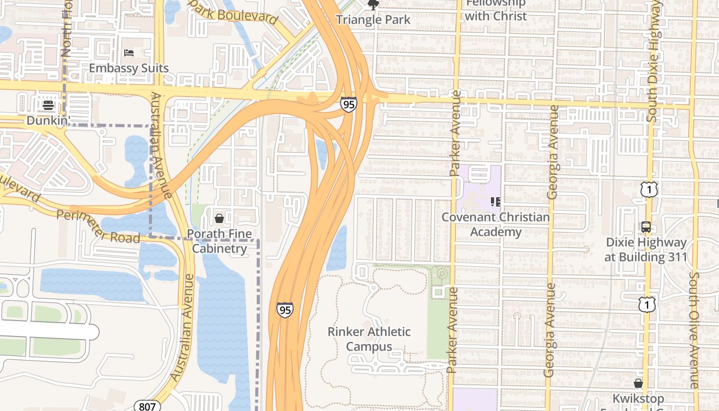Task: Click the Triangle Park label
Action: [x=373, y=20]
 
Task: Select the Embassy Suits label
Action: [x=129, y=68]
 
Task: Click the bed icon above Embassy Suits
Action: [x=129, y=53]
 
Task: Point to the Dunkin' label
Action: [x=48, y=120]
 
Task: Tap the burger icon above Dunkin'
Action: [x=48, y=105]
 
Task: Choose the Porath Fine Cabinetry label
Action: [x=219, y=241]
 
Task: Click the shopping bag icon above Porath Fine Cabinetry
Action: [x=219, y=218]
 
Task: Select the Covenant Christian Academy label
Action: [x=496, y=225]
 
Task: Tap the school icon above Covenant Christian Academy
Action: [x=496, y=201]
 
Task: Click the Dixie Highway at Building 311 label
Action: [x=646, y=250]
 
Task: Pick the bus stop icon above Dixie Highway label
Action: [x=646, y=227]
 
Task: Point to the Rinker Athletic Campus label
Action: [x=369, y=339]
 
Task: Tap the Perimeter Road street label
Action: [x=98, y=227]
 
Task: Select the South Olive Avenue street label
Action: [x=694, y=330]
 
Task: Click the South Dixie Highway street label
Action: [x=653, y=62]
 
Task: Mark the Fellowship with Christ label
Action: [x=496, y=10]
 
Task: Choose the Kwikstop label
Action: [x=638, y=399]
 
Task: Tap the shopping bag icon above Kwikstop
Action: [x=638, y=383]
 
